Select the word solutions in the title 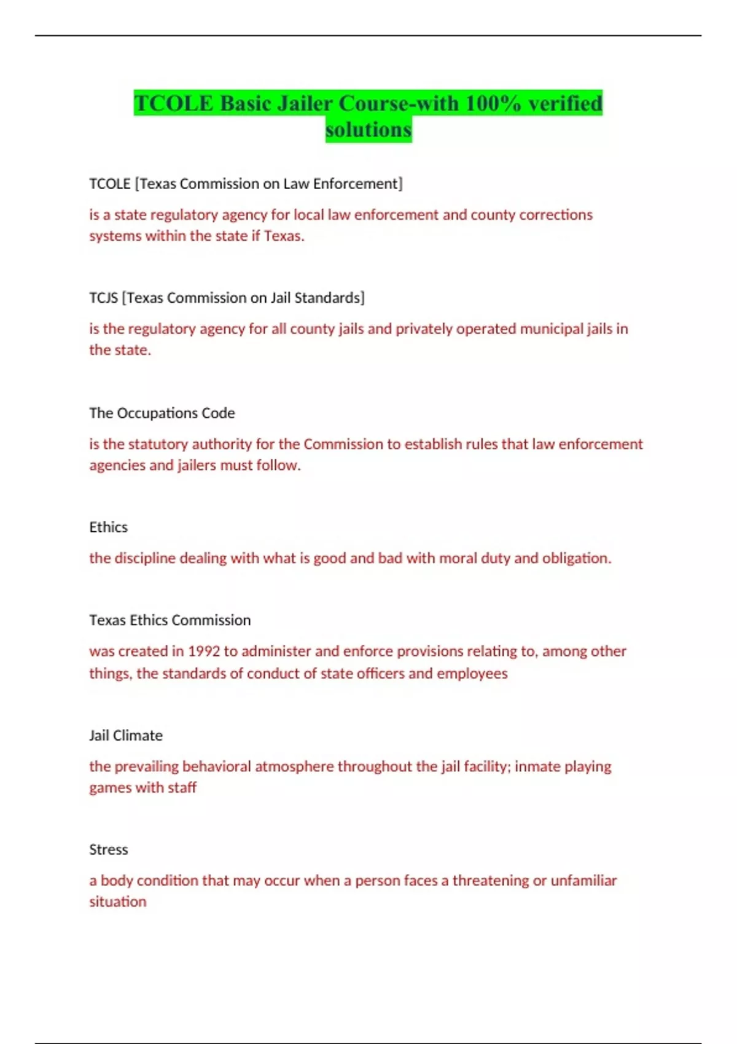[x=368, y=130]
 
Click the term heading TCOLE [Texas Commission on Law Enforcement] [x=246, y=184]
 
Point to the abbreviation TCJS [x=103, y=298]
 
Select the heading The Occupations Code [x=162, y=413]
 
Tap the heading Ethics [x=108, y=527]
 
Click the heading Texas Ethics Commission [x=170, y=620]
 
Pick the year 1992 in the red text [x=203, y=651]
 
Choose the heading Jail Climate [x=126, y=735]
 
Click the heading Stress [x=108, y=849]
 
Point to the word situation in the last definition [x=118, y=902]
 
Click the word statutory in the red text [x=158, y=444]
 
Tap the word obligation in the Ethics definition [x=576, y=558]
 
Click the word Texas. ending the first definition [x=284, y=236]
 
